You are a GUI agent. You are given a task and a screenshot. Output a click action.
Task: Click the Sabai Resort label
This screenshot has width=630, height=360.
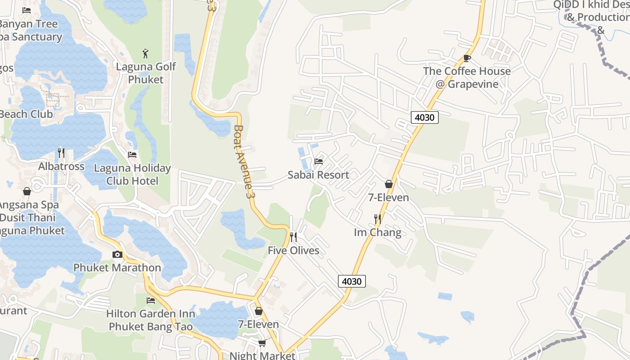[x=318, y=175]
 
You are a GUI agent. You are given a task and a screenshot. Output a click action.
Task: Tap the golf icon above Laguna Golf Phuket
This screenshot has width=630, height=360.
[x=145, y=54]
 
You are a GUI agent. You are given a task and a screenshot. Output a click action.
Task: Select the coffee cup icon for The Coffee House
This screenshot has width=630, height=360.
[x=467, y=58]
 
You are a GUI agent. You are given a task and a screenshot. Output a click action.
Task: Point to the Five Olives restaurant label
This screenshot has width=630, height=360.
[x=293, y=251]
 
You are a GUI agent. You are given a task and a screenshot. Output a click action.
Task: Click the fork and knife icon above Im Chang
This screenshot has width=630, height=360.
[x=378, y=219]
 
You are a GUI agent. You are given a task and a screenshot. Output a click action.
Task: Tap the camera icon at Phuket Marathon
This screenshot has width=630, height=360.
[x=117, y=255]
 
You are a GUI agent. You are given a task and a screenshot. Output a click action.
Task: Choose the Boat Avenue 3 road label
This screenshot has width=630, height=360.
[x=242, y=162]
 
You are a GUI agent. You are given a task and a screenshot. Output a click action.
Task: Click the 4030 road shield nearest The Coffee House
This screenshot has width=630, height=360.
[x=425, y=117]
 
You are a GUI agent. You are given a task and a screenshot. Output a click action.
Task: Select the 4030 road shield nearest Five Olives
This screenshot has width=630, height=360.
[x=351, y=281]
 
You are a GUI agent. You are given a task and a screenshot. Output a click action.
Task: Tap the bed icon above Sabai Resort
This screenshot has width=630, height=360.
[x=319, y=161]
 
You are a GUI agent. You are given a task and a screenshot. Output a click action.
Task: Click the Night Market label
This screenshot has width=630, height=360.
[x=262, y=355]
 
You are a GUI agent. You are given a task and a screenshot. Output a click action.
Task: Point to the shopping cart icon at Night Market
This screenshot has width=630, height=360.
[x=262, y=343]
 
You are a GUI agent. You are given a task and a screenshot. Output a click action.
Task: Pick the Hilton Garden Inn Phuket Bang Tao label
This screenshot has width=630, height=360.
[x=151, y=320]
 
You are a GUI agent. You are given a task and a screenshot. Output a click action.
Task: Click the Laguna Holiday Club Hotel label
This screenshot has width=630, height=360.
[x=132, y=175]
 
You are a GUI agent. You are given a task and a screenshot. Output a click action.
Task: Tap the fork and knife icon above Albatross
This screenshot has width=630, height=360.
[x=61, y=153]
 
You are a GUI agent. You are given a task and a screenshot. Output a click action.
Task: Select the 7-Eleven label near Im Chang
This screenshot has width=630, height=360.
[x=388, y=198]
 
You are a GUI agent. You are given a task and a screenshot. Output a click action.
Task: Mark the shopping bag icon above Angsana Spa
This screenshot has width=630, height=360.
[x=27, y=191]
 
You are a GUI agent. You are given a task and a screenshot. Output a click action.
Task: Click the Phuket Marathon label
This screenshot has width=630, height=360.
[x=117, y=268]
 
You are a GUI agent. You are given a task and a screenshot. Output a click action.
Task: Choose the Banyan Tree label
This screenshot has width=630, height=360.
[x=29, y=24]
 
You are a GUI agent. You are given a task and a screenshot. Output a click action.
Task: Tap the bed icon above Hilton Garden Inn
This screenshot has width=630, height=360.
[x=151, y=301]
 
